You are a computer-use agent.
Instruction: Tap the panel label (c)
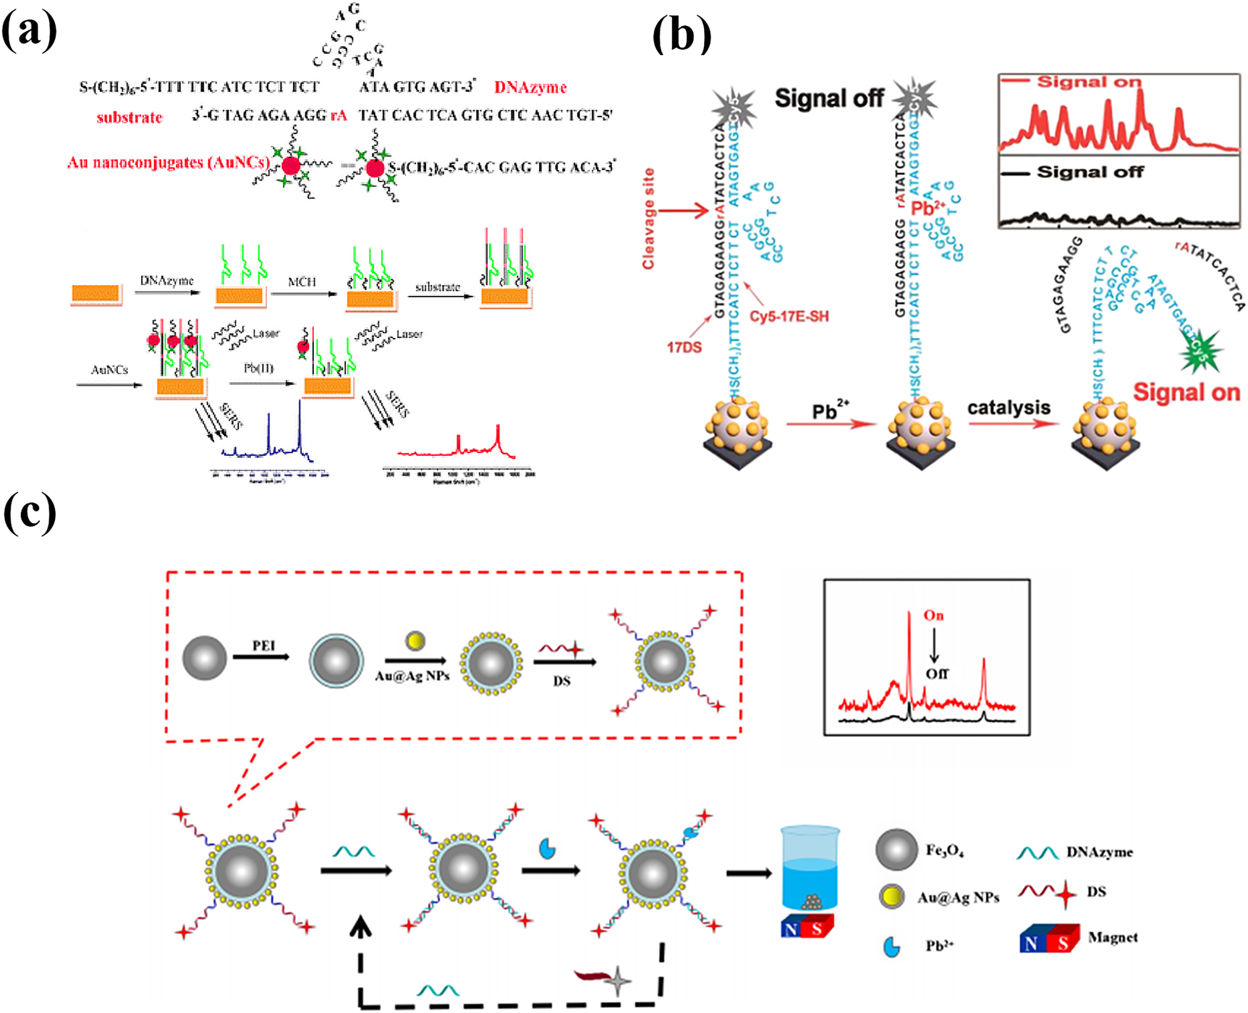30,514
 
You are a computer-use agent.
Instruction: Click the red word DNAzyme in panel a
530,88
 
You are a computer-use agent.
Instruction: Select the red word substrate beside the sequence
130,117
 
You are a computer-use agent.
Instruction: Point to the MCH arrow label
302,281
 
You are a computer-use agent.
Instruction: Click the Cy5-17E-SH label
789,316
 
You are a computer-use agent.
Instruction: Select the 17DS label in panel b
684,347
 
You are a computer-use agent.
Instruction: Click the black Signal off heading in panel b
828,98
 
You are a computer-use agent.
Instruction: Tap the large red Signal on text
1186,392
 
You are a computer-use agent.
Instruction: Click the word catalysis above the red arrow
1009,407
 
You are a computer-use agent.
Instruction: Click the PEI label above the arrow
263,645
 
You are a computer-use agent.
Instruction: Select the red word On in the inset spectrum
933,616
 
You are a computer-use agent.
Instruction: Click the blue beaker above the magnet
810,868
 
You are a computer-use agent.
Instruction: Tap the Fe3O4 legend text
944,850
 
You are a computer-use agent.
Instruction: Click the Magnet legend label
1113,938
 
